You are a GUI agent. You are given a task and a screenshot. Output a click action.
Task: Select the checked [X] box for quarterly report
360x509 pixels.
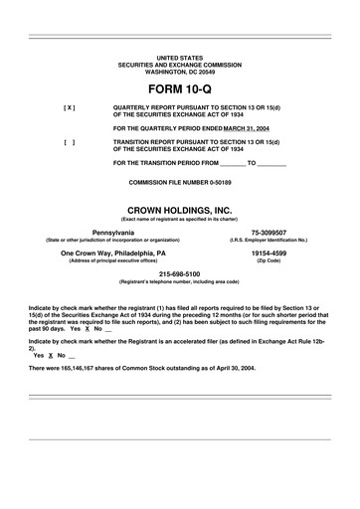69,106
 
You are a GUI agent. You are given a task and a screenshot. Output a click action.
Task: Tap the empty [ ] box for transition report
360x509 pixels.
69,142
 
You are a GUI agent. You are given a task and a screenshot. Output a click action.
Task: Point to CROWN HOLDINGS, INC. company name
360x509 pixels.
179,209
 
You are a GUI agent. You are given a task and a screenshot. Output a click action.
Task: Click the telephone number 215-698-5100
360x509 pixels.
179,273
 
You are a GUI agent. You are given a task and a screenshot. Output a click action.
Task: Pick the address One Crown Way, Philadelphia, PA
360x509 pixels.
113,253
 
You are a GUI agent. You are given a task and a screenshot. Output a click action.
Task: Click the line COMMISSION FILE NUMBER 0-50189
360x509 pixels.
179,183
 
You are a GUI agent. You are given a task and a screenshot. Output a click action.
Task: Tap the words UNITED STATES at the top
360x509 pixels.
179,59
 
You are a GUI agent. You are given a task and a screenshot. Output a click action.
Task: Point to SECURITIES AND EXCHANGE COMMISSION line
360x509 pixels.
179,66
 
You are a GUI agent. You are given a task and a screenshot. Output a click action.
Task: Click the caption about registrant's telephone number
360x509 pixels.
179,281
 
